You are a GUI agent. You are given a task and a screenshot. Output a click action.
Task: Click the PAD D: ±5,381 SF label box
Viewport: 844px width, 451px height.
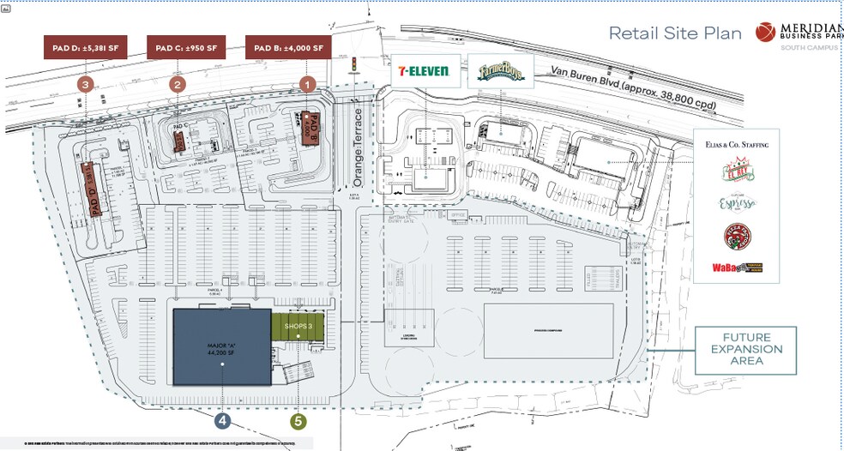tap(85, 47)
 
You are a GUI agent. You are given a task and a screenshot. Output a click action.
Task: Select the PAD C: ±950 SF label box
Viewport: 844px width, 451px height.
tap(186, 47)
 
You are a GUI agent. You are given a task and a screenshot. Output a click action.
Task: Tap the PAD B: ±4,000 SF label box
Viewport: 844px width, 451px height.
tap(287, 47)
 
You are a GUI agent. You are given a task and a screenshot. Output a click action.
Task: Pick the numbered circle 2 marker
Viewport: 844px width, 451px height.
tap(178, 84)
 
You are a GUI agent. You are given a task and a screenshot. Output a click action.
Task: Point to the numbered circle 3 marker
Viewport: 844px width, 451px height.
tap(85, 84)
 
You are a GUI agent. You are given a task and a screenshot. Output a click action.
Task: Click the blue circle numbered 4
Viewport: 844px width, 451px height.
tap(223, 421)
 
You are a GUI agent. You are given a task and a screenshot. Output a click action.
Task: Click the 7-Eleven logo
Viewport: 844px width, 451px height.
tap(423, 71)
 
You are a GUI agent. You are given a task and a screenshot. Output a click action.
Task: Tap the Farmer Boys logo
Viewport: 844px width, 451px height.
tap(499, 71)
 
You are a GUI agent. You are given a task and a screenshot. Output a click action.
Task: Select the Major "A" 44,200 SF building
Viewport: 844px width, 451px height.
tap(222, 346)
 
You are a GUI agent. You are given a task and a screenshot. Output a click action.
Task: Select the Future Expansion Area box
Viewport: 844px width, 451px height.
tap(745, 349)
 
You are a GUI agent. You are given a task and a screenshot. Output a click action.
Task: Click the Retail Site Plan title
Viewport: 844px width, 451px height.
tap(675, 33)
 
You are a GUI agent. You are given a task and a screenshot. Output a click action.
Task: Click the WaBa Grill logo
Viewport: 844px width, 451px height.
tap(737, 268)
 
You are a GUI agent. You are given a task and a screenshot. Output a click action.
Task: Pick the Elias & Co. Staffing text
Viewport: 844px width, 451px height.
tap(738, 145)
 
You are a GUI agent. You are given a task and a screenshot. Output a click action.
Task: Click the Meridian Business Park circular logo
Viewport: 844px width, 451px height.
tap(766, 32)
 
